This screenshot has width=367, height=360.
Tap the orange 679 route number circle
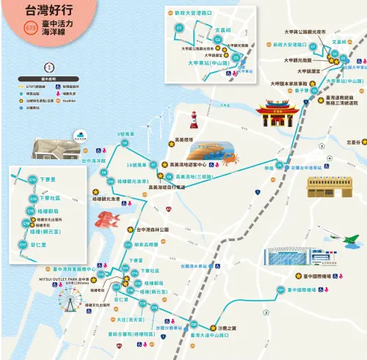[x=31, y=29]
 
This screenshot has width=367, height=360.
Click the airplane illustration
[x=351, y=241]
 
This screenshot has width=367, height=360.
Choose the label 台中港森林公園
[x=153, y=229]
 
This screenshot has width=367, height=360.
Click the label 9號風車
[x=126, y=134]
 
